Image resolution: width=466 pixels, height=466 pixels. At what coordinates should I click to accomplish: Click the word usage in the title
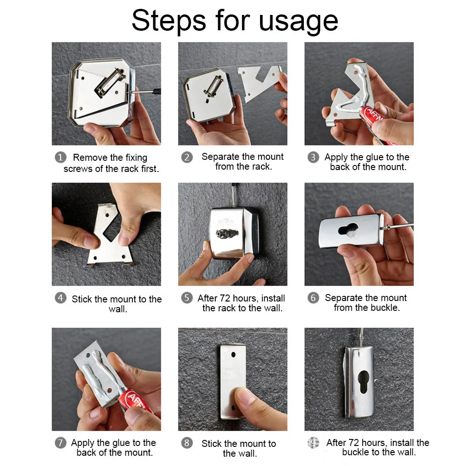[x=298, y=21]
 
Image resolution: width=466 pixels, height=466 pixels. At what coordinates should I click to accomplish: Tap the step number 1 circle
[x=60, y=157]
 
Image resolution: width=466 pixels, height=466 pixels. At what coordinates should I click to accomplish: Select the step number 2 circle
[x=187, y=157]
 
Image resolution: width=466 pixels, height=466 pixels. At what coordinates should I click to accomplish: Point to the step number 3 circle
[x=313, y=157]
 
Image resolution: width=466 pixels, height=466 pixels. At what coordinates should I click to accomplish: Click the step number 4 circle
[x=60, y=298]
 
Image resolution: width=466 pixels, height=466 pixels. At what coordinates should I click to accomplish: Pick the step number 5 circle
[x=187, y=298]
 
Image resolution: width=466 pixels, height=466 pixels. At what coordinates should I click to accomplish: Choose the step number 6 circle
[x=313, y=298]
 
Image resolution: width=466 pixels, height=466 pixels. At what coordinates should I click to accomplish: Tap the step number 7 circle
[x=60, y=443]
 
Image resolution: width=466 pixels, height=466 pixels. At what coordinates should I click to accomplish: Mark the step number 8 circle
[x=187, y=443]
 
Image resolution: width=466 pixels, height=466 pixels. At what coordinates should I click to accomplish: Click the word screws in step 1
[x=78, y=169]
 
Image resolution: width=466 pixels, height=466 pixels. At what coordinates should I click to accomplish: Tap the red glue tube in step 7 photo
[x=136, y=402]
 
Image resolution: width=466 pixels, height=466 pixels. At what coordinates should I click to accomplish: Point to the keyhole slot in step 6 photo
[x=348, y=230]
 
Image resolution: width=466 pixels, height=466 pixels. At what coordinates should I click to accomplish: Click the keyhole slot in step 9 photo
[x=363, y=382]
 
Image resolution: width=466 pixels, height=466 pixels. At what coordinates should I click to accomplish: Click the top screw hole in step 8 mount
[x=233, y=355]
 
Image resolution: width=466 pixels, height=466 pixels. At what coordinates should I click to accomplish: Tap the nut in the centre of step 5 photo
[x=227, y=233]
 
